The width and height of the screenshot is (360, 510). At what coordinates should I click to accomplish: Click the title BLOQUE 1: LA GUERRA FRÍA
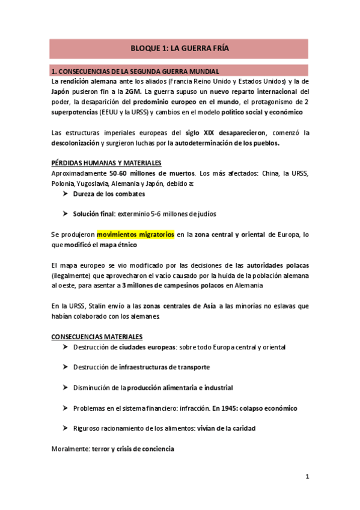click(180, 48)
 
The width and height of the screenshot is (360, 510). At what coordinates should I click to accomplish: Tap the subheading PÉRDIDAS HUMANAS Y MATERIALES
click(106, 163)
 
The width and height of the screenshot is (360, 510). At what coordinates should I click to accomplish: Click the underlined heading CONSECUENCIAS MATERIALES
click(97, 337)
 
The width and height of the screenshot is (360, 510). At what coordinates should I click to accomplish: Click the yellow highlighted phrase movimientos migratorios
click(136, 235)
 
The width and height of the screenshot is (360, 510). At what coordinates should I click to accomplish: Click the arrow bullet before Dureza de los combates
click(65, 194)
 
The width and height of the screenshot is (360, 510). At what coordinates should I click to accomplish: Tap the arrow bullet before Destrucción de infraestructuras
click(65, 367)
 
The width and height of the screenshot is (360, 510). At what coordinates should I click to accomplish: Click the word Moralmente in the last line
click(67, 449)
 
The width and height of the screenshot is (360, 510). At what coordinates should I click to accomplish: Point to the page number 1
click(307, 477)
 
